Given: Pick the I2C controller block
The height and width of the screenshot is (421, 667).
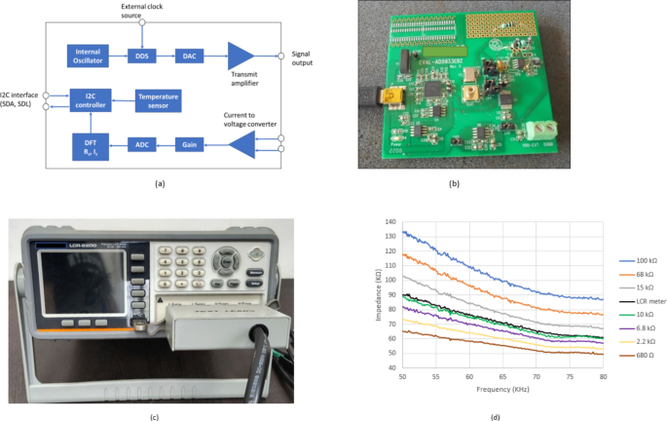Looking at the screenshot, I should tap(92, 98).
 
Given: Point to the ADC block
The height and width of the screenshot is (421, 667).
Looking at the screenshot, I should tap(143, 145).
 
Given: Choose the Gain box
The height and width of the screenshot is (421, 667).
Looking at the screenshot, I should tap(189, 145).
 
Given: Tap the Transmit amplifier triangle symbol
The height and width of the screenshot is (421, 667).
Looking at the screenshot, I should tap(239, 57).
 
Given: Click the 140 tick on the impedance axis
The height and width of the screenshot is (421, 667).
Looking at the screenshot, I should tap(391, 220).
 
